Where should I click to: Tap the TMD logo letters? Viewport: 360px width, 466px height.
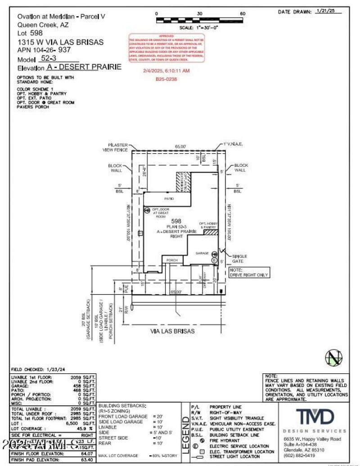[315, 417]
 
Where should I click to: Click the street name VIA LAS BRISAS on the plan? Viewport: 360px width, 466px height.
[172, 331]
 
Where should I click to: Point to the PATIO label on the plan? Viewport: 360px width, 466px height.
[156, 199]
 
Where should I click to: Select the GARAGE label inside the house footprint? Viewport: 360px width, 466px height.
[202, 253]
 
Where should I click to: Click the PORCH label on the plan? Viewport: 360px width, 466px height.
[172, 260]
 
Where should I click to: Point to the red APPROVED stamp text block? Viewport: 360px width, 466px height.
[166, 48]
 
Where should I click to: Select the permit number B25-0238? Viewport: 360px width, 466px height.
[166, 79]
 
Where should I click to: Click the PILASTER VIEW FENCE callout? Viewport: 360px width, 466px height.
[115, 147]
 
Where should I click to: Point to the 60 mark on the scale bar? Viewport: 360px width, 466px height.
[243, 14]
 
